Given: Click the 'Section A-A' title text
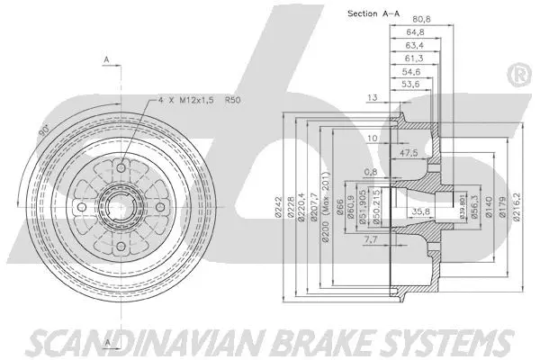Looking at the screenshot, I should click(x=374, y=13).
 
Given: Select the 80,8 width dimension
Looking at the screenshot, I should click(x=421, y=19).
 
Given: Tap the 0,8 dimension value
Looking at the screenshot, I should click(x=371, y=172).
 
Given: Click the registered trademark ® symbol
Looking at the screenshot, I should click(x=517, y=76).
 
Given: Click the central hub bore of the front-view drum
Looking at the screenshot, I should click(x=118, y=207).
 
